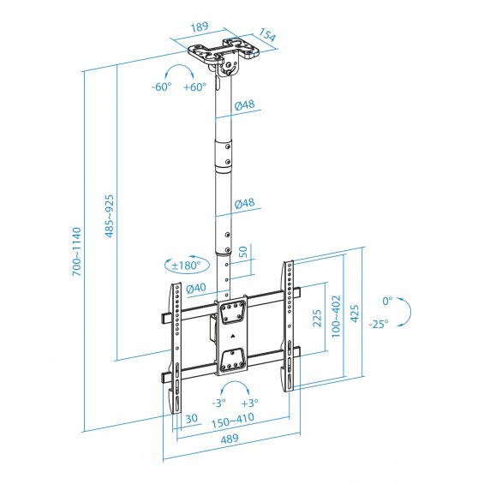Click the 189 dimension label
coord(200,27)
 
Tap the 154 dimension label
coord(266,35)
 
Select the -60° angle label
coord(161,87)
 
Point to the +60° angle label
coord(194,87)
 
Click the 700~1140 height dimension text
coord(77,252)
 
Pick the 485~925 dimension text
coord(110,216)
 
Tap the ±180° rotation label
coord(187,266)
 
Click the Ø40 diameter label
coord(196,288)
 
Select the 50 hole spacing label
coord(243,252)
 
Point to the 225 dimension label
coord(317,318)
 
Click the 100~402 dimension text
coord(336,316)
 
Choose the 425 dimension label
coord(355,314)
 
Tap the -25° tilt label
coord(379,324)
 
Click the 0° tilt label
coord(387,301)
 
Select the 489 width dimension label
coord(230,439)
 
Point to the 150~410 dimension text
coord(233,420)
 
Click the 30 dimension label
coord(191,418)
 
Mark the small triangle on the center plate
coord(232,336)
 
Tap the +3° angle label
coord(249,403)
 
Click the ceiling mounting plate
coord(224,51)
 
